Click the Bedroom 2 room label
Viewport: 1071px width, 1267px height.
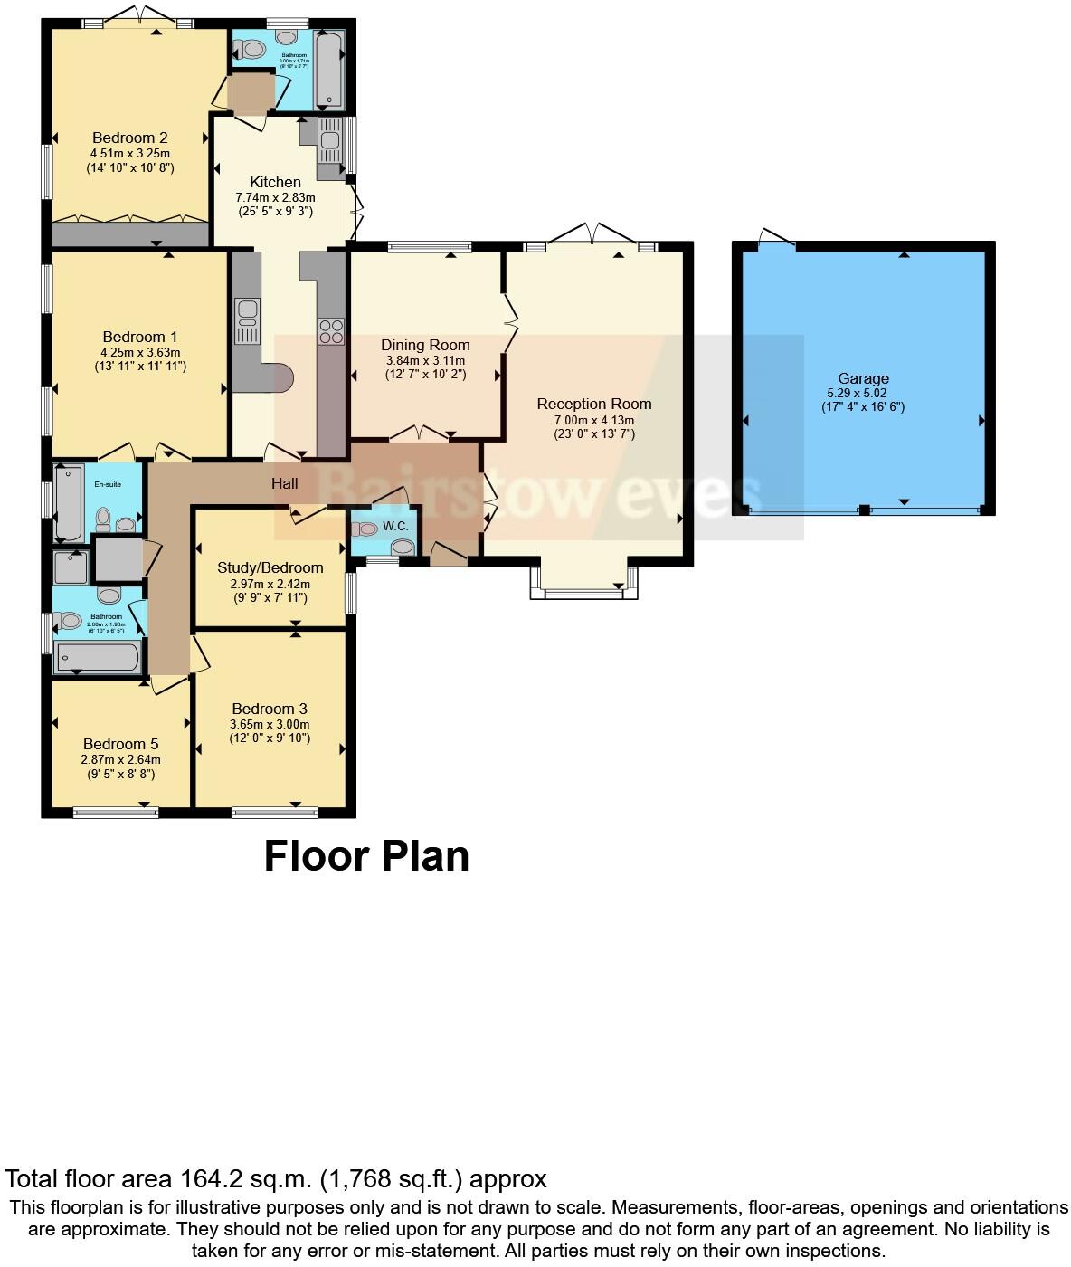tap(130, 138)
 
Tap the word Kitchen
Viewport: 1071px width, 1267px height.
tap(275, 182)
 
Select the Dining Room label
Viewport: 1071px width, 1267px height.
tap(425, 345)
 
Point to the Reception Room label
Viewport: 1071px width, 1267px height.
tap(593, 405)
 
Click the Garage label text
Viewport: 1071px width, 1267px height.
tap(863, 379)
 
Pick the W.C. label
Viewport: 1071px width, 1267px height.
tap(395, 526)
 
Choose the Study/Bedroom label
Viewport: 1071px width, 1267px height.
tap(270, 568)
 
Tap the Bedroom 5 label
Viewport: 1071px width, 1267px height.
tap(120, 745)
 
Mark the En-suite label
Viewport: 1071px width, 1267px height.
tap(108, 484)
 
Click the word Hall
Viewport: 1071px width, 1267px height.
tap(285, 484)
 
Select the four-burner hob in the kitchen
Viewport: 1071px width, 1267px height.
tap(330, 331)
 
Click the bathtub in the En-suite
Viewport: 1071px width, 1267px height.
tap(69, 502)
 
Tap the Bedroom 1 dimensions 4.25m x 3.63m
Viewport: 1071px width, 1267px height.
tap(140, 353)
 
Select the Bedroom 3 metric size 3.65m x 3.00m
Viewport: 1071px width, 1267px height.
tap(270, 724)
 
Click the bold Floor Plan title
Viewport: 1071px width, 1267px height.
tap(366, 856)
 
